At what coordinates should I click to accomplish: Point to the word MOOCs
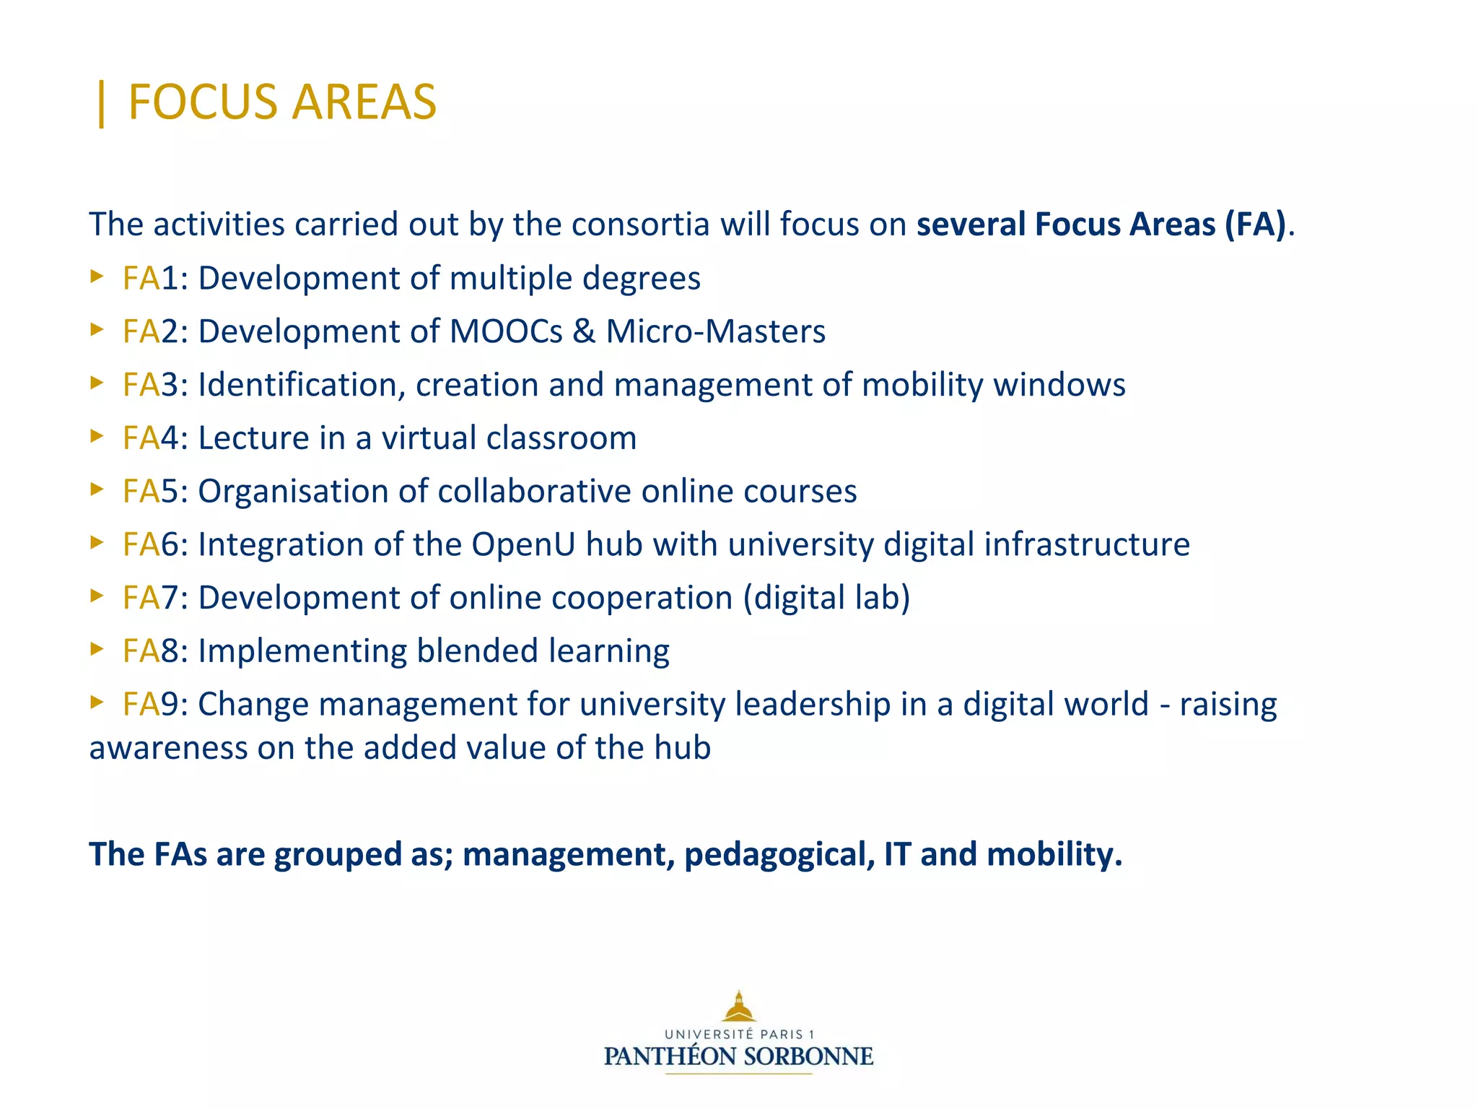(506, 331)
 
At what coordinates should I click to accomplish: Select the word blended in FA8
(477, 651)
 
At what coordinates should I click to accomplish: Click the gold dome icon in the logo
(739, 1006)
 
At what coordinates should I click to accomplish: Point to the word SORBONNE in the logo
(808, 1057)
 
